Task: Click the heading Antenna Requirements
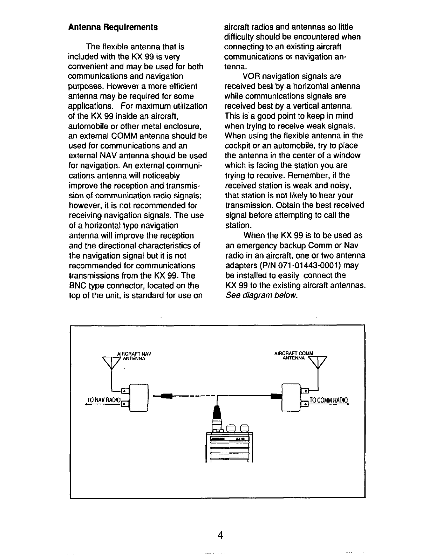pos(113,27)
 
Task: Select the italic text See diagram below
pos(261,295)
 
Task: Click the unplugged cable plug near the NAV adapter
pos(165,396)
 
